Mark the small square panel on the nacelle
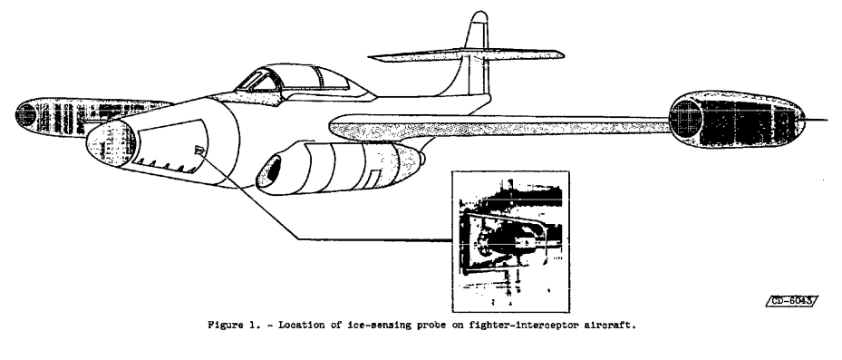coord(374,172)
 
